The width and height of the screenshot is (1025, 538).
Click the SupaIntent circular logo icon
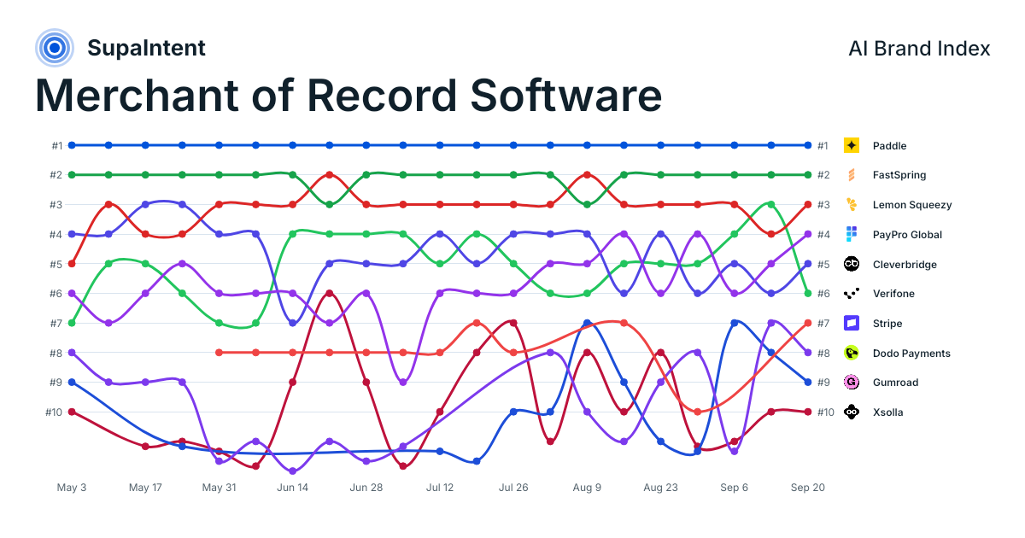[55, 48]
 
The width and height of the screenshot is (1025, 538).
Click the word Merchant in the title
[137, 96]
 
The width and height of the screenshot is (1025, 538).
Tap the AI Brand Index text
[919, 49]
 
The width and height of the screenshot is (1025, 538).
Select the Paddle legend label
[889, 146]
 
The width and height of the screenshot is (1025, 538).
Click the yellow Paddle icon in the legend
[851, 145]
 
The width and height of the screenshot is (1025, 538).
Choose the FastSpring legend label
[899, 175]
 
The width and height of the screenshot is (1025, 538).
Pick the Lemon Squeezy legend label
[912, 204]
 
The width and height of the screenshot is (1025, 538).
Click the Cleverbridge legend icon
[851, 264]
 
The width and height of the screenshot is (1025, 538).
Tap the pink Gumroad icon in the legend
[851, 382]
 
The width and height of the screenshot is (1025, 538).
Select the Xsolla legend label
[887, 412]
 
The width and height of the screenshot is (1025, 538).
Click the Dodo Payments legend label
[911, 354]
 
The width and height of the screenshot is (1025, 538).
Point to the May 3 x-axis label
[72, 488]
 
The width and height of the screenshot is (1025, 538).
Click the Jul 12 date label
[440, 488]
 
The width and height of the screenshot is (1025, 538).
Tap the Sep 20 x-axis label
[808, 488]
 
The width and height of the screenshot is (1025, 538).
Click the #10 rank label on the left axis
[54, 412]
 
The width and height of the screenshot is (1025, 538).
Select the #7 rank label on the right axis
[823, 324]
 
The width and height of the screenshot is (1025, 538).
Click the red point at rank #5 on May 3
[72, 264]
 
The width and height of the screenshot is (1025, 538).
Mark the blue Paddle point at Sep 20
[808, 145]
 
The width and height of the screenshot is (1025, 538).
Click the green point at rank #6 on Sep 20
[808, 293]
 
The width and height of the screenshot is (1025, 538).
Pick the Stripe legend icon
[851, 323]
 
